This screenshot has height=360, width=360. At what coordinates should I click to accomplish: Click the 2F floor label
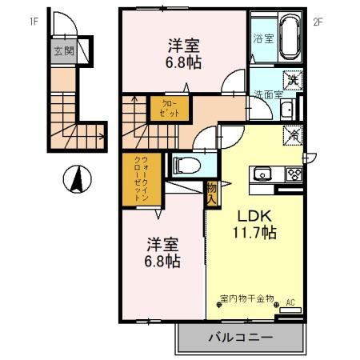tap(317, 22)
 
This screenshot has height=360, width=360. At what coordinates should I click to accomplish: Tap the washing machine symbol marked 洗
tap(293, 79)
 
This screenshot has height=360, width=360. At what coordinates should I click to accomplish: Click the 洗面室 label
tap(270, 94)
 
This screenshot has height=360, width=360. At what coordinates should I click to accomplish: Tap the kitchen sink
tap(262, 174)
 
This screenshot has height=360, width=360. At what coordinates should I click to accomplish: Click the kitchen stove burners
tap(293, 174)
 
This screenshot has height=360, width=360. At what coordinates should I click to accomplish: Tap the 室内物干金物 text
tap(246, 298)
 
